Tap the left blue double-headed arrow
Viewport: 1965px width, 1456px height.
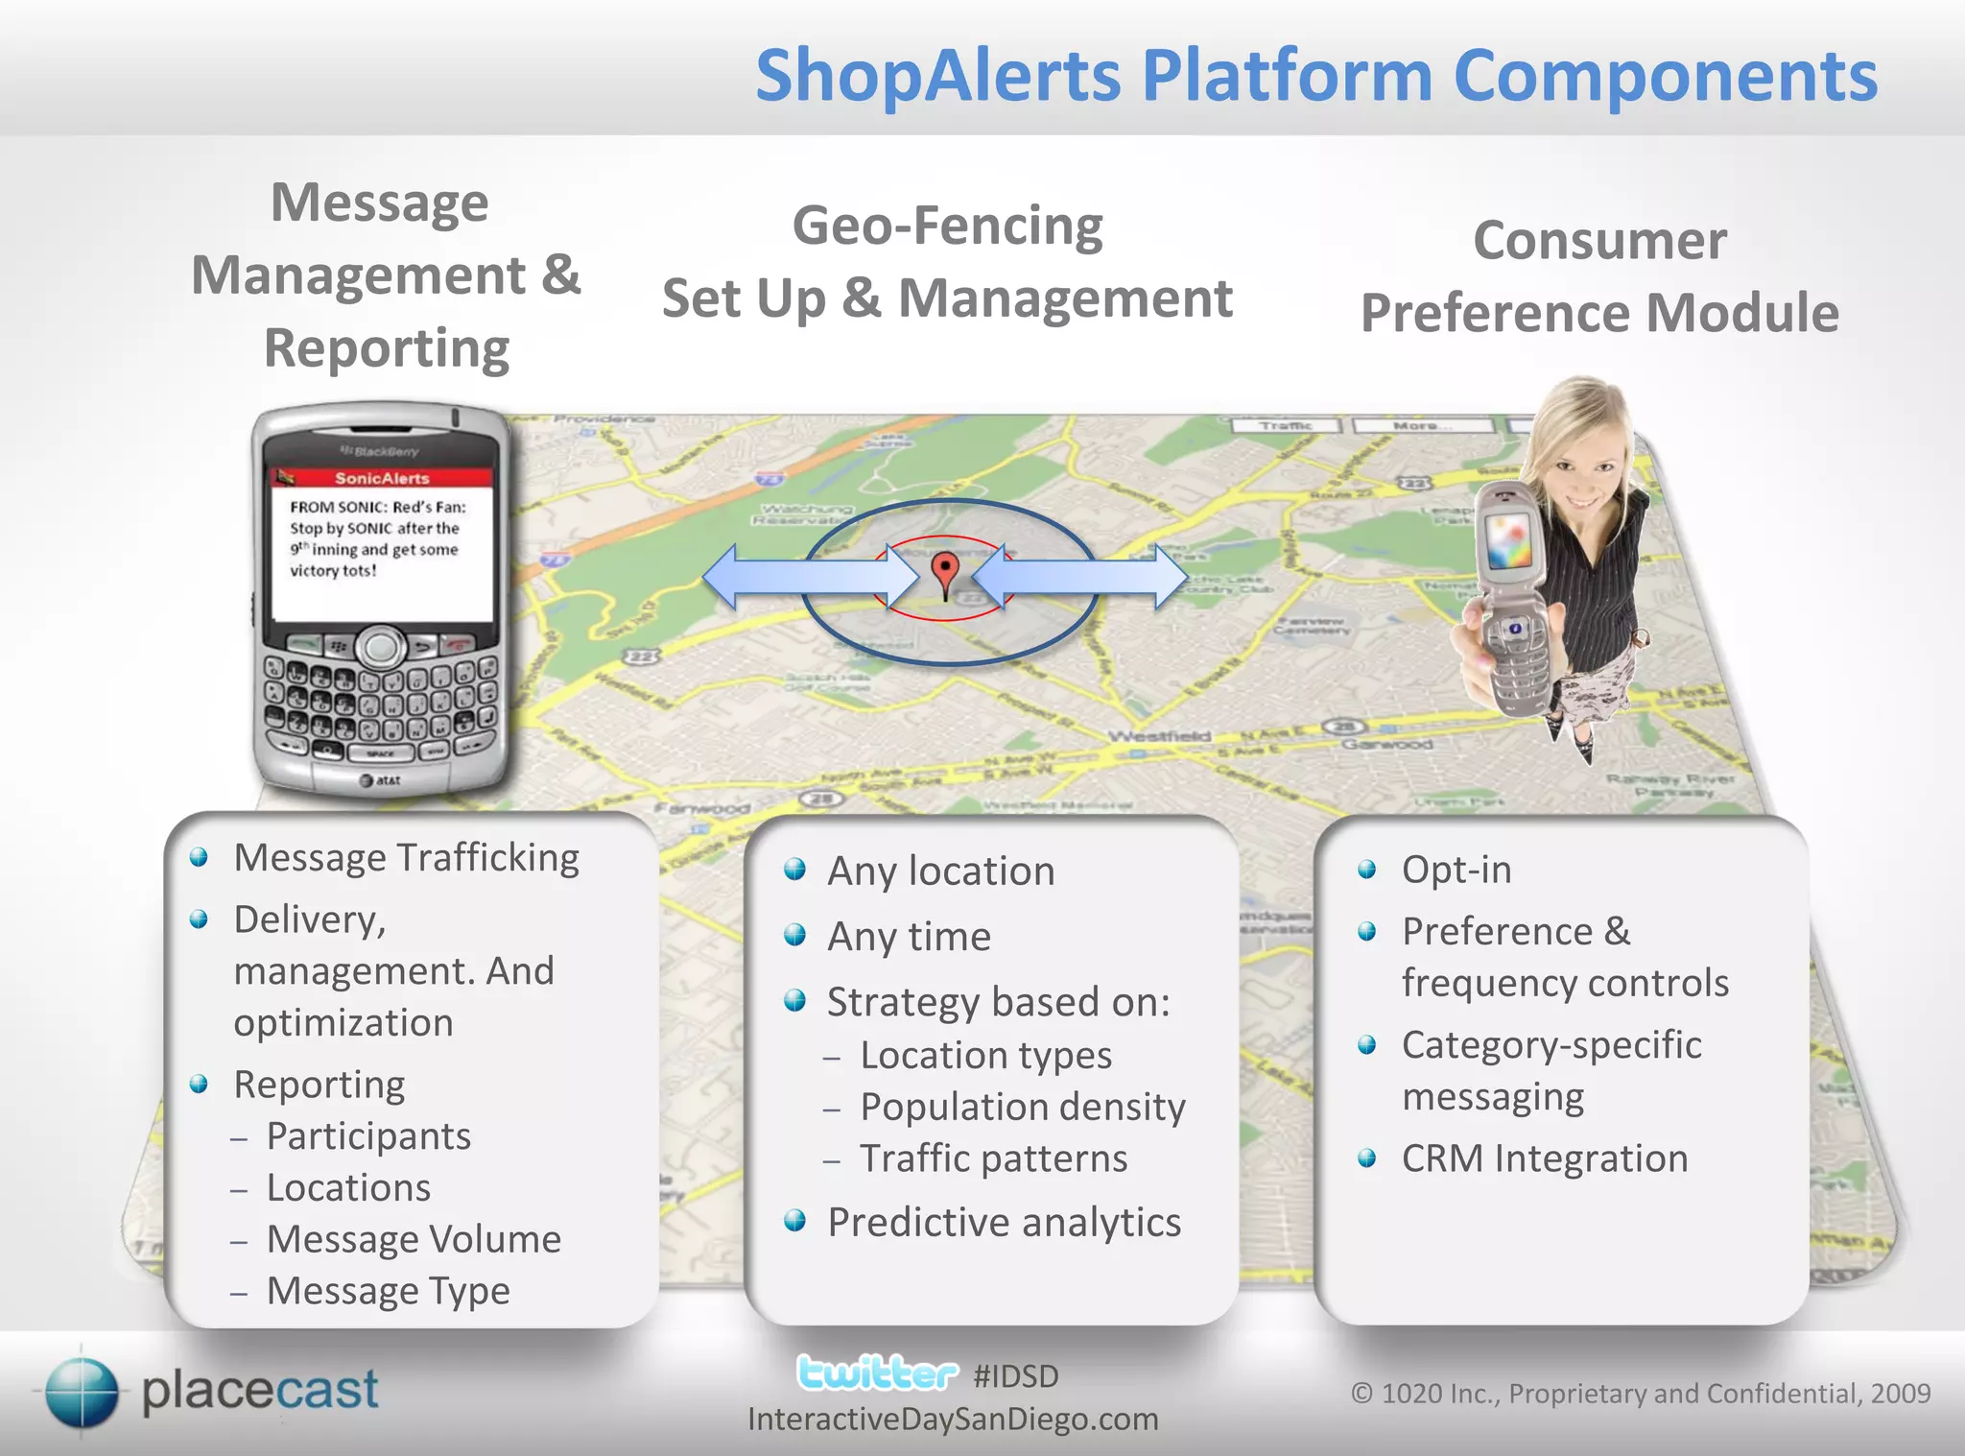(811, 577)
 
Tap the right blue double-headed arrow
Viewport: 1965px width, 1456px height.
(1080, 577)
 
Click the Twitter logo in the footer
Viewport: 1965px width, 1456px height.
(877, 1373)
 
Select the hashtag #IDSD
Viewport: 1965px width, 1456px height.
(1015, 1376)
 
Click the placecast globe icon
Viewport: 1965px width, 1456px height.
(83, 1392)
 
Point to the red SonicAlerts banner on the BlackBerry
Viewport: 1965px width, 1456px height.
(382, 478)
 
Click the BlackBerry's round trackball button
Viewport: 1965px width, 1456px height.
(381, 647)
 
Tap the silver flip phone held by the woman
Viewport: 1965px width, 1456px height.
(1510, 595)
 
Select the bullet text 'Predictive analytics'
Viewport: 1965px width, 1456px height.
(1004, 1223)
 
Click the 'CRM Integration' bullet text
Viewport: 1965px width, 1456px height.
(1544, 1158)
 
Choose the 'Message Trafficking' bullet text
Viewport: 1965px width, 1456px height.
(406, 858)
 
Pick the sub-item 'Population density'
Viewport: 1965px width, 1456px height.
(1022, 1108)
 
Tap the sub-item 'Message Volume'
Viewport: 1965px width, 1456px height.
(414, 1239)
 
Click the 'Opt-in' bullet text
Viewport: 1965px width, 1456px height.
(1456, 870)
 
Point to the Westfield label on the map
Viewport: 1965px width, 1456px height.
(1159, 736)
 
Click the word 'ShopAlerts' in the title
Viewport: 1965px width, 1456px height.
(937, 76)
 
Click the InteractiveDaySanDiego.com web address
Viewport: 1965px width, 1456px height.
(953, 1420)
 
